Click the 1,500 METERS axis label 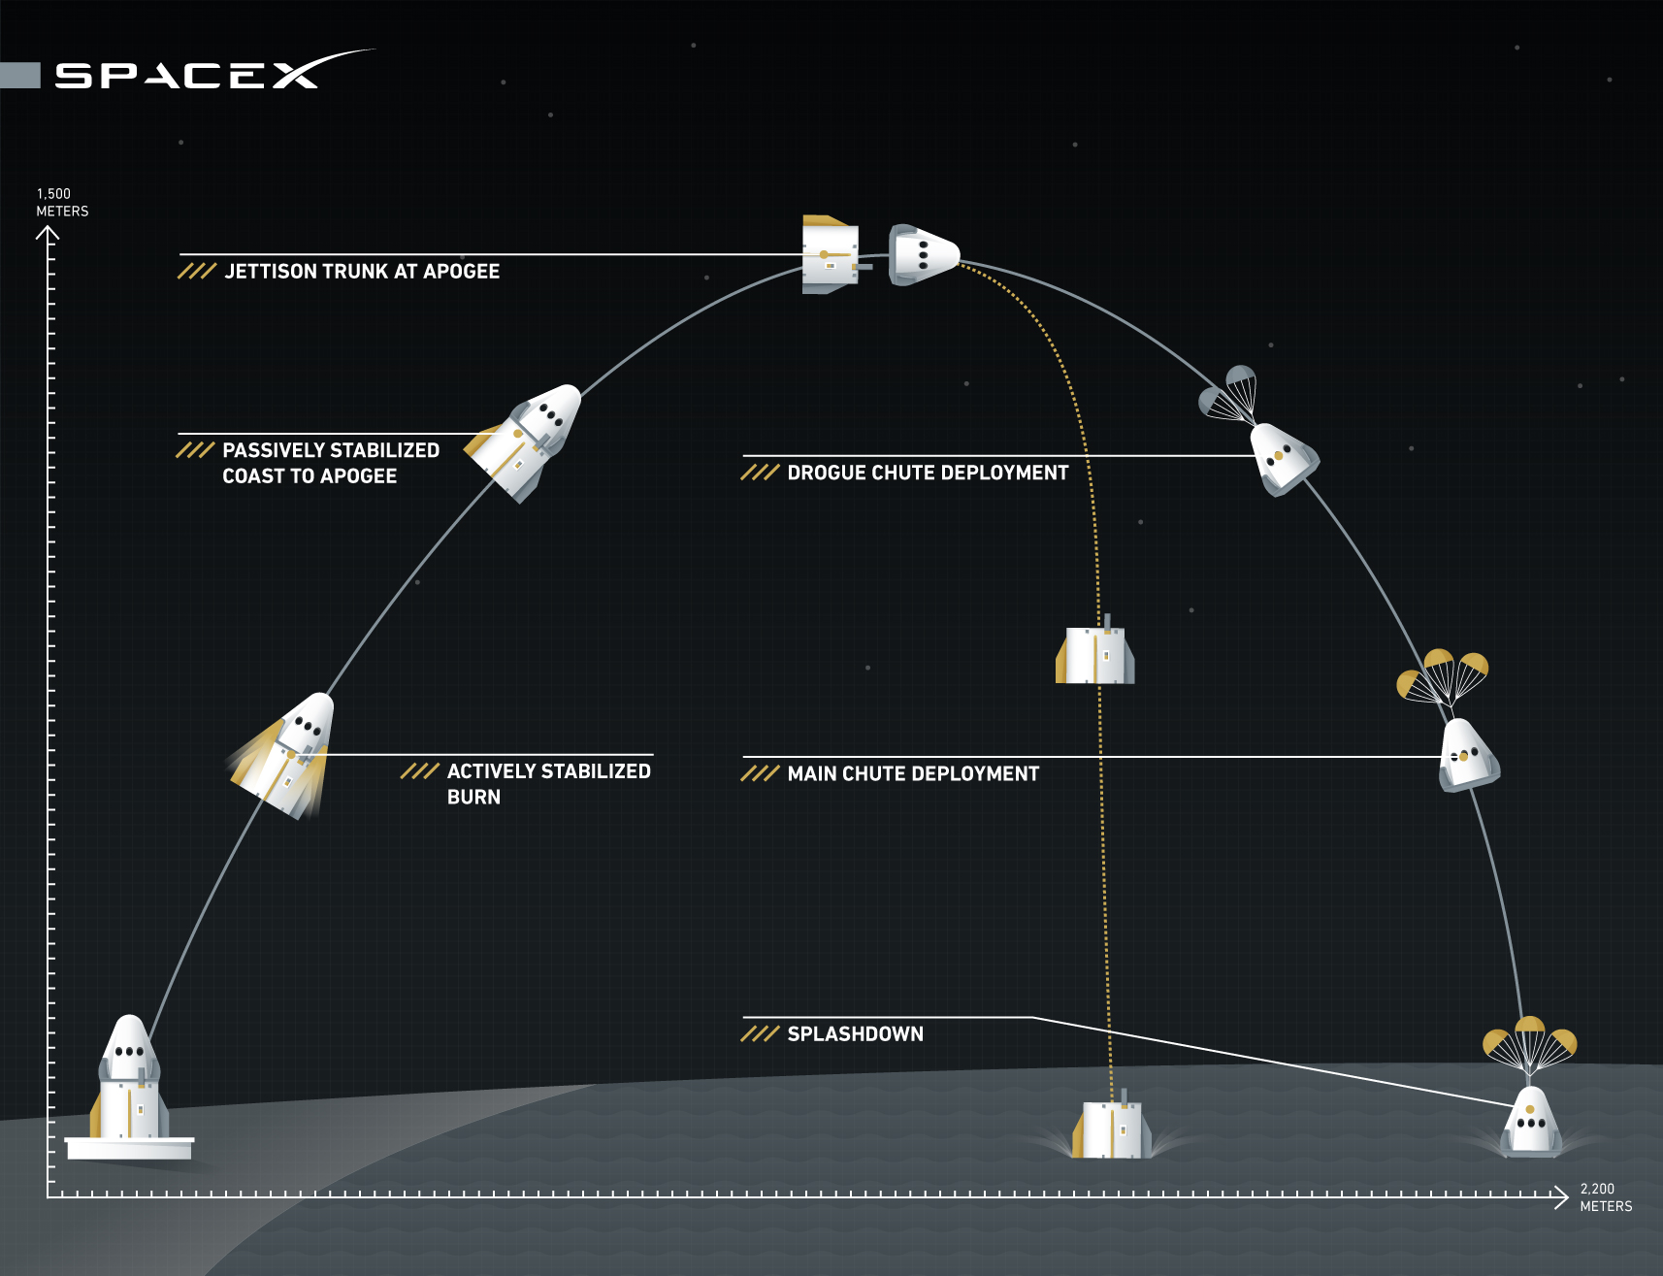[x=62, y=202]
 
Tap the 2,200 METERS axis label [x=1605, y=1197]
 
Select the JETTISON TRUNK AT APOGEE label [x=362, y=272]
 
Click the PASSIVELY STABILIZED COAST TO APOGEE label [x=330, y=463]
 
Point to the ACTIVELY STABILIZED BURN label [x=548, y=783]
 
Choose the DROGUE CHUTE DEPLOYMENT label [x=927, y=473]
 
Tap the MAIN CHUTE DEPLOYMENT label [x=912, y=773]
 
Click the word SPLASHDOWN [x=855, y=1034]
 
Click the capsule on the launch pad [x=130, y=1077]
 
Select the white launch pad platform [x=129, y=1148]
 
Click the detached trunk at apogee [x=830, y=255]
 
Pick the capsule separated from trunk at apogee [x=923, y=255]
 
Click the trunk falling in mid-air [x=1095, y=654]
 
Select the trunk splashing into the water [x=1112, y=1129]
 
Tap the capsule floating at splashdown [x=1530, y=1123]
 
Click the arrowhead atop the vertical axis [x=48, y=232]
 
